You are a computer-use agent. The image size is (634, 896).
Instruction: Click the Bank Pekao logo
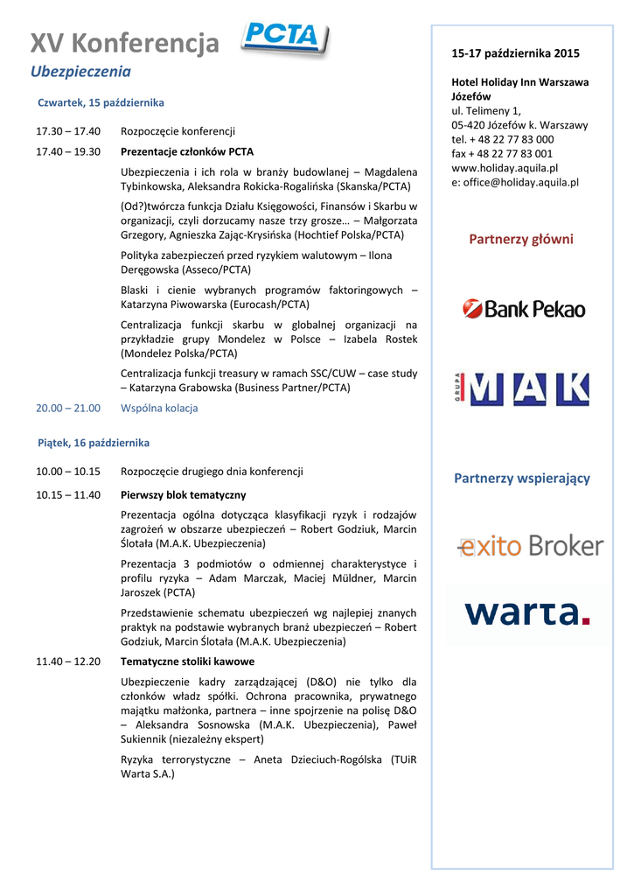click(524, 308)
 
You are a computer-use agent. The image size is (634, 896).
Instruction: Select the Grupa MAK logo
click(524, 388)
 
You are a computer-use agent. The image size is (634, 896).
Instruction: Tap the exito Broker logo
click(530, 547)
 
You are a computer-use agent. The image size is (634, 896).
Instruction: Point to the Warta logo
click(527, 612)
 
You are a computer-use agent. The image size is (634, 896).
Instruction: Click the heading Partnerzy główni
click(521, 239)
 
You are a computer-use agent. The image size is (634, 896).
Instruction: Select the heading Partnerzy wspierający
click(521, 478)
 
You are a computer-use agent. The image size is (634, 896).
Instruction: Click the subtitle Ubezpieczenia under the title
click(80, 71)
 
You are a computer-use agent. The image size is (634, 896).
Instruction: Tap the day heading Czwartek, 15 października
click(101, 102)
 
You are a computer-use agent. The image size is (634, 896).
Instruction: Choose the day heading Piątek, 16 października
click(94, 443)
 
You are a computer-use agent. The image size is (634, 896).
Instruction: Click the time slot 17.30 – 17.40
click(68, 131)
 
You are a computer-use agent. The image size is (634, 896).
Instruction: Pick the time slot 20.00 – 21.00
click(68, 408)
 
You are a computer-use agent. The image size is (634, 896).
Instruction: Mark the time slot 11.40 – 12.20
click(68, 661)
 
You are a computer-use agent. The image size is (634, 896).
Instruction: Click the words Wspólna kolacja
click(159, 408)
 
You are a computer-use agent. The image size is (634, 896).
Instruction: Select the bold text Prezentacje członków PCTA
click(187, 151)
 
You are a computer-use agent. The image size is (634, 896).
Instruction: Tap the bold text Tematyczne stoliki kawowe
click(187, 661)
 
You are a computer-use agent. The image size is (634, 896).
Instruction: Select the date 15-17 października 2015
click(515, 53)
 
